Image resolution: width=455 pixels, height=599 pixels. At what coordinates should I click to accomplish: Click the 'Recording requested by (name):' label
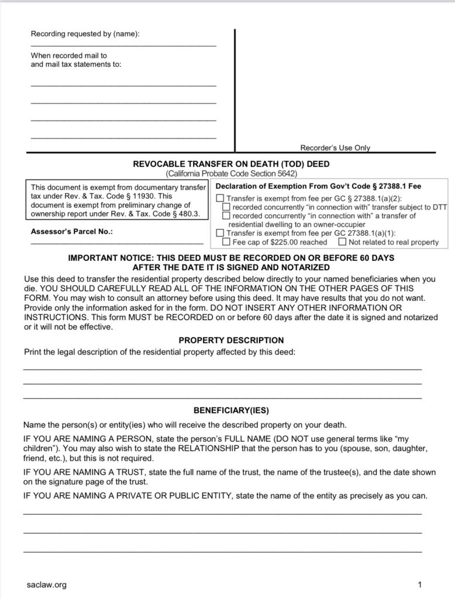click(85, 34)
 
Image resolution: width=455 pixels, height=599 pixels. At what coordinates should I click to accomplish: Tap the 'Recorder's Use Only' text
click(335, 148)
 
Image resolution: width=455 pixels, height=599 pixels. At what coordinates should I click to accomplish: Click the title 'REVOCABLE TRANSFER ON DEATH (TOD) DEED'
click(231, 164)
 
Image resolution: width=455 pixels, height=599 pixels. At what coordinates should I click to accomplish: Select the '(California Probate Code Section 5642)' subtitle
click(231, 174)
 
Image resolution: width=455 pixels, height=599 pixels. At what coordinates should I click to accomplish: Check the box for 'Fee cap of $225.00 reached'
click(226, 242)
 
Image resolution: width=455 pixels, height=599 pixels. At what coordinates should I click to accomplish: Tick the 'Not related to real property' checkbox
click(342, 242)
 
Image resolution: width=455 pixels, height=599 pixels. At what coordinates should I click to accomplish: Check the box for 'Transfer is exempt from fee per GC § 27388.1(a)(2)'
click(220, 198)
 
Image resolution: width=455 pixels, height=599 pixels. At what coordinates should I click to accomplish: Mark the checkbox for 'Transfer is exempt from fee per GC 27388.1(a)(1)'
click(220, 233)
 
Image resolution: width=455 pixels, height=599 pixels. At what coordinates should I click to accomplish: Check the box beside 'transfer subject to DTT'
click(226, 207)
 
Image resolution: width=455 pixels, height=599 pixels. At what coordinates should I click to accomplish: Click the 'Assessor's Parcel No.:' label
click(72, 232)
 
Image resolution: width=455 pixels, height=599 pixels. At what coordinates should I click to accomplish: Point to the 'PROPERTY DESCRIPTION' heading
click(231, 340)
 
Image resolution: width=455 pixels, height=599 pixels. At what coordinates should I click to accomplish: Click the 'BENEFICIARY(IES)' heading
click(231, 410)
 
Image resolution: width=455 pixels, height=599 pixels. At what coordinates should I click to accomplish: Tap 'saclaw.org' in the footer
click(47, 584)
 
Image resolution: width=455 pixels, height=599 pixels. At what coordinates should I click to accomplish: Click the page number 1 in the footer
click(420, 584)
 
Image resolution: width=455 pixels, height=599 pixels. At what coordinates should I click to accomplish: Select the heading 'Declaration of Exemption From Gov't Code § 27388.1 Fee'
click(319, 187)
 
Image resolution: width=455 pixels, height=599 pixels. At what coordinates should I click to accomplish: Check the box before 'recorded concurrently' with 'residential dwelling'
click(226, 216)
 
